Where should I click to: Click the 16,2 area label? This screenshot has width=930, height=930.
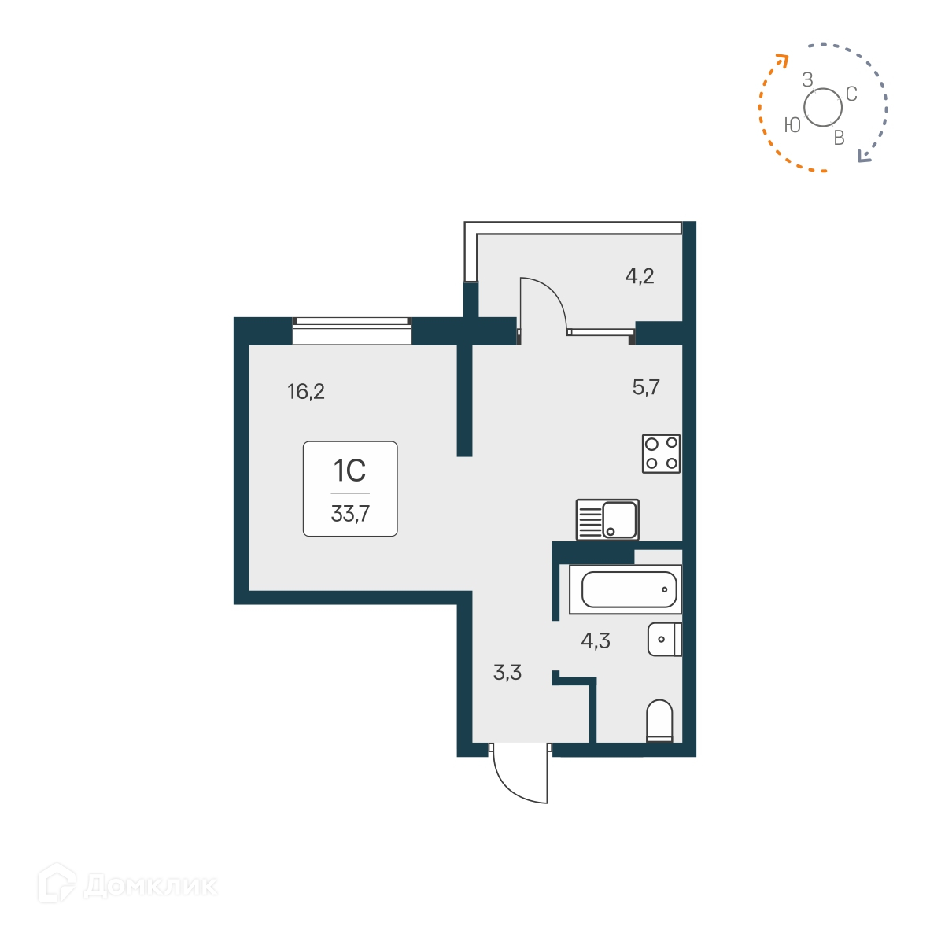click(x=306, y=391)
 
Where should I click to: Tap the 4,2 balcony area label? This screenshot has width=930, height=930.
click(x=640, y=276)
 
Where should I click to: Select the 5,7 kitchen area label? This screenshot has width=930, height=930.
click(x=646, y=387)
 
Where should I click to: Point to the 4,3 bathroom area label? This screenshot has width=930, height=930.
click(x=596, y=641)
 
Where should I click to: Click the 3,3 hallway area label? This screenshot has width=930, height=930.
click(x=507, y=674)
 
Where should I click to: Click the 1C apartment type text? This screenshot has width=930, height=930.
click(x=350, y=471)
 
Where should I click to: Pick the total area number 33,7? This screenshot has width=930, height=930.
click(x=350, y=515)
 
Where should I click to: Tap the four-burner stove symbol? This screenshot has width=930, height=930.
click(x=661, y=453)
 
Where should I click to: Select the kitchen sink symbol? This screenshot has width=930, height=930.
click(x=607, y=519)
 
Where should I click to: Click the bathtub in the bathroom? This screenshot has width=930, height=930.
click(x=629, y=589)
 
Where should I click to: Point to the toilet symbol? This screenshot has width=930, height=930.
click(x=659, y=721)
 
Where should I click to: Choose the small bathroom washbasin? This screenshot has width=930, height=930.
click(x=664, y=640)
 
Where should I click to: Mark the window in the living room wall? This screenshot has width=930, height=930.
click(x=352, y=331)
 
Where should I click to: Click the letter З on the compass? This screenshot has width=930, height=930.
click(x=807, y=79)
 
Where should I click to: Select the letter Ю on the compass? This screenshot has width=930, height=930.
click(x=792, y=125)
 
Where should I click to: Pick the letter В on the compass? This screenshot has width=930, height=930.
click(x=839, y=138)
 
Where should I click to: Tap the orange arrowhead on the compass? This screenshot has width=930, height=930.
click(x=781, y=59)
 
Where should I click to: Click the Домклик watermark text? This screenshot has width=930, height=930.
click(x=149, y=887)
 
